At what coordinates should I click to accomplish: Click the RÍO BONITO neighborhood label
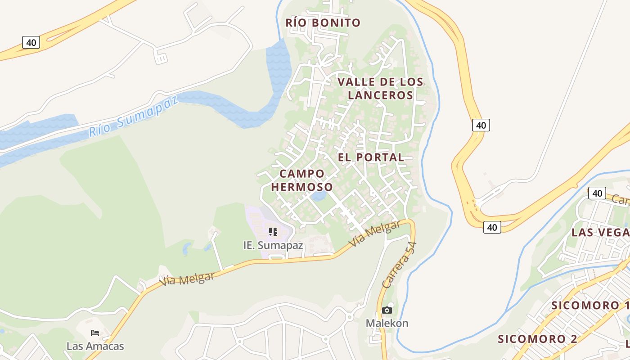323,22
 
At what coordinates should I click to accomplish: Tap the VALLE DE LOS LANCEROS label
380,88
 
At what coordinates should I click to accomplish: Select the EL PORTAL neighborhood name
371,157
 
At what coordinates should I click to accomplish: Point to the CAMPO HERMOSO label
302,180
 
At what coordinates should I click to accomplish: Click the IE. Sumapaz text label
273,246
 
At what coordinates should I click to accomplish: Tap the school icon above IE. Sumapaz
273,232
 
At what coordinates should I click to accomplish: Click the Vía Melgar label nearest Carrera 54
374,234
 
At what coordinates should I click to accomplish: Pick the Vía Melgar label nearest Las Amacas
187,279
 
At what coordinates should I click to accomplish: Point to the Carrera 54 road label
399,265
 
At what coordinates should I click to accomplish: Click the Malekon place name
387,323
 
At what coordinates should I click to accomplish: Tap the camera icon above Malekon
387,310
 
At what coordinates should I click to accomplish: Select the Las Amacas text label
95,346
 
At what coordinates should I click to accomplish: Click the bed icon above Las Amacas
95,333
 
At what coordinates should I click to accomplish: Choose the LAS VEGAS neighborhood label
600,232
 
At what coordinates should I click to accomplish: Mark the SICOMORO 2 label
537,339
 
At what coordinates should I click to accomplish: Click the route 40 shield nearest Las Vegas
597,193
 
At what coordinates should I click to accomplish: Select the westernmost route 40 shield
31,43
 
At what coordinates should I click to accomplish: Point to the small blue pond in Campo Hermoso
319,196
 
